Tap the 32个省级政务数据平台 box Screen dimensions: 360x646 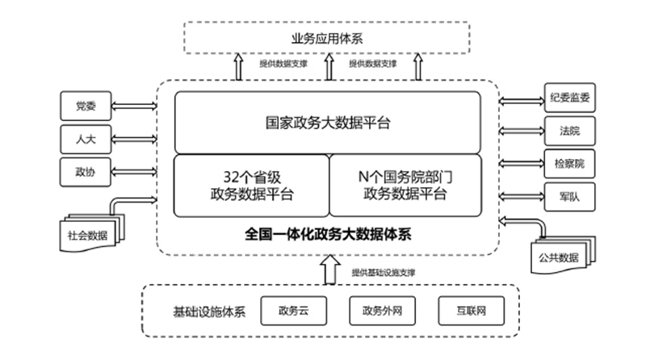point(251,185)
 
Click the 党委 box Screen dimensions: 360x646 point(84,105)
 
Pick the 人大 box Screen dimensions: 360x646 point(84,138)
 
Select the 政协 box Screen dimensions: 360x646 point(84,170)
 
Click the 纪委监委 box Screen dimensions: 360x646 point(568,99)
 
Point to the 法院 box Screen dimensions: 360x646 point(568,130)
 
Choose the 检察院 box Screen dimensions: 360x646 point(568,162)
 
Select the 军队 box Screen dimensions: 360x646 point(568,195)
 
